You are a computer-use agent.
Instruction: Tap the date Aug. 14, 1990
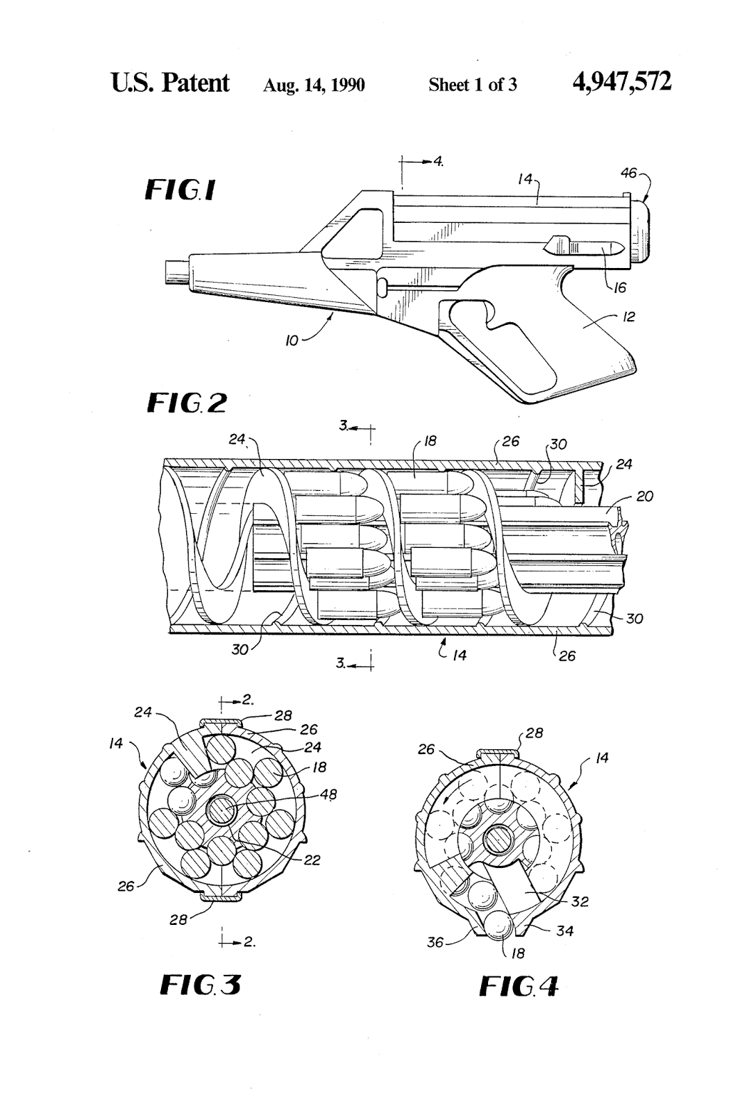coord(314,85)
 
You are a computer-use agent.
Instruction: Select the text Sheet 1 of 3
coord(472,85)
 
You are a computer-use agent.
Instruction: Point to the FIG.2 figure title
coord(187,403)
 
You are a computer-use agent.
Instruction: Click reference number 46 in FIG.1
coord(628,174)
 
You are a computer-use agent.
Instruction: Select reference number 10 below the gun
coord(292,341)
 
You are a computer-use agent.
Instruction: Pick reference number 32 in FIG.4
coord(580,901)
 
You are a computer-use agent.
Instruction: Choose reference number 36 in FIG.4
coord(435,943)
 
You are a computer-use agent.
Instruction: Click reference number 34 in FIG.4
coord(565,930)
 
